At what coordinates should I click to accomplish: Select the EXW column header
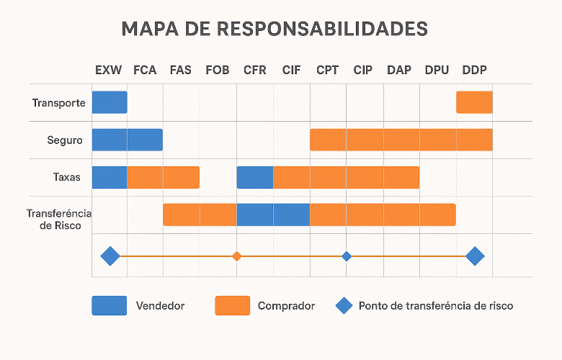[108, 70]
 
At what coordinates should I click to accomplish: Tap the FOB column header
[217, 70]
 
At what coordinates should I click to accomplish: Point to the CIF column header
[291, 70]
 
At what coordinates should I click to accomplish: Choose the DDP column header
[474, 70]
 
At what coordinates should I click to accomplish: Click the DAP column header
[399, 70]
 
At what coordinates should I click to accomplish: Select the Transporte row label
[59, 103]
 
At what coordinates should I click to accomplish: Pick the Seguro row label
[65, 140]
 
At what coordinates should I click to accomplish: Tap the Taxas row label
[67, 177]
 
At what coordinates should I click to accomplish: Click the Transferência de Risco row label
[59, 219]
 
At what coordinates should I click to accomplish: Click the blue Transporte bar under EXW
[110, 102]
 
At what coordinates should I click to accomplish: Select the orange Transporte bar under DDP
[474, 102]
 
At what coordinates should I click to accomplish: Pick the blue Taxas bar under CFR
[255, 177]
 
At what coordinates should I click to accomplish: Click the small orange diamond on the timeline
[236, 256]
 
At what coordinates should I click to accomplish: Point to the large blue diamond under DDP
[476, 256]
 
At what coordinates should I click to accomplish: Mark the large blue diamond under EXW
[110, 256]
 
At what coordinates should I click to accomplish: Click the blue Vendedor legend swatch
[110, 305]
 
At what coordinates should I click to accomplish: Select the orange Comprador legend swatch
[232, 305]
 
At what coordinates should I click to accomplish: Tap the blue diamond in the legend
[344, 305]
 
